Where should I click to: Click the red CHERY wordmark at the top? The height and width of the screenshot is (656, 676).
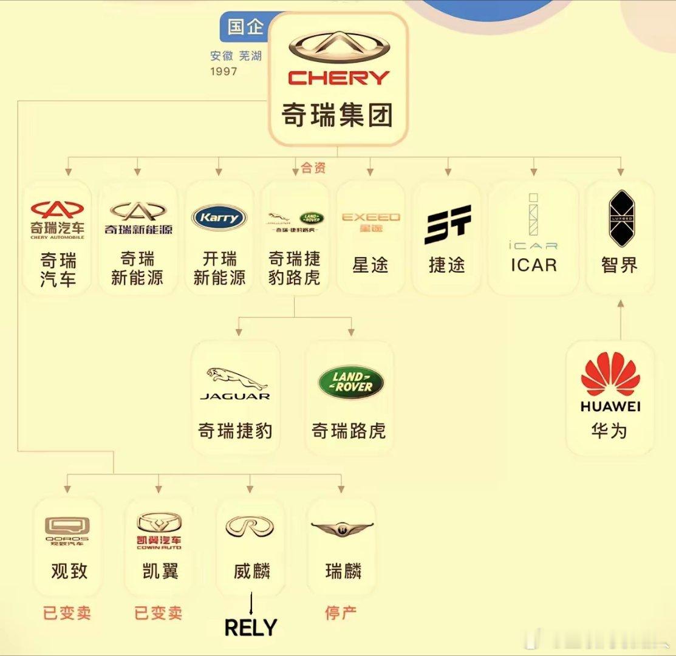[x=338, y=78]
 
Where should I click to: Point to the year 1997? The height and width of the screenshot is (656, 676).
[x=224, y=72]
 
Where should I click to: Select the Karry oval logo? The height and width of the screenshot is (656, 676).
[x=219, y=217]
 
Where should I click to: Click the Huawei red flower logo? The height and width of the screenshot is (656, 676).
[x=610, y=374]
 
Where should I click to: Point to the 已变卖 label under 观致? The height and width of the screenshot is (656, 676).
[x=67, y=612]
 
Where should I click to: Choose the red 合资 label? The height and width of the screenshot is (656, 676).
[x=313, y=168]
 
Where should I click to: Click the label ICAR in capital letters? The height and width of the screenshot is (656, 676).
[x=534, y=265]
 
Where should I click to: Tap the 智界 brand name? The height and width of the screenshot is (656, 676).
[x=620, y=265]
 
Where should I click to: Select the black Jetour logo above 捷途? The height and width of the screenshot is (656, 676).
[x=448, y=224]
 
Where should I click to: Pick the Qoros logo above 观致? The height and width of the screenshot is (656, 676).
[x=67, y=527]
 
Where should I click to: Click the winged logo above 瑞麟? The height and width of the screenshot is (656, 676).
[x=342, y=529]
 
